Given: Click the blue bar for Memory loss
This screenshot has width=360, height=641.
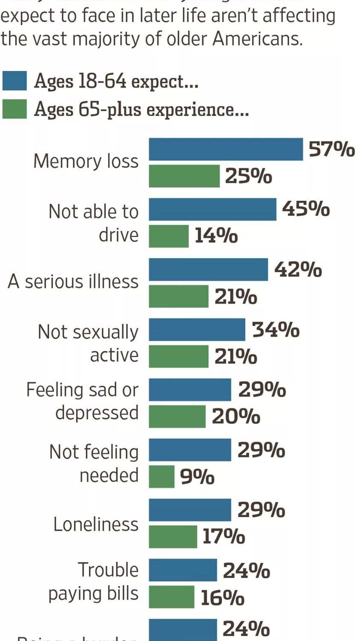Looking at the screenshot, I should click(225, 149).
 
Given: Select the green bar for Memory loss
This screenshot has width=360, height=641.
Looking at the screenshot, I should click(184, 176).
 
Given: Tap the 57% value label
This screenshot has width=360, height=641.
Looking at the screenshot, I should click(331, 150).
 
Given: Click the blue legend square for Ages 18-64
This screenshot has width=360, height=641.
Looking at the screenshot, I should click(15, 81).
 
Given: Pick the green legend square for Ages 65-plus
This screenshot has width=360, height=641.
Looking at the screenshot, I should click(15, 109).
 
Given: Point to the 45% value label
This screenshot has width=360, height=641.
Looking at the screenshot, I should click(306, 209).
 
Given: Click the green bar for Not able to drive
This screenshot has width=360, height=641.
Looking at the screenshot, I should click(169, 236).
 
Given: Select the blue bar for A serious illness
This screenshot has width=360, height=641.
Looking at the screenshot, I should click(208, 269).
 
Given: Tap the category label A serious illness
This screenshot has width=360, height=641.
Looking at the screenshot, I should click(73, 282).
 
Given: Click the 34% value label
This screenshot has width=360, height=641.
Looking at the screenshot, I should click(276, 330).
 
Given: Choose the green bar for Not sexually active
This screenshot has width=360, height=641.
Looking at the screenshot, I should click(179, 356).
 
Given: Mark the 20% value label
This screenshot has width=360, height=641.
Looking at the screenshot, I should click(236, 417).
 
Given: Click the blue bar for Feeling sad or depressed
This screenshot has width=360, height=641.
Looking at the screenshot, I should click(190, 390).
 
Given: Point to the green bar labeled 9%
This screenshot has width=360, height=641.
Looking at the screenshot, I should click(161, 476).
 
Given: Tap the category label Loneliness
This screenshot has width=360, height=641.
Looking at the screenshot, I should click(96, 524).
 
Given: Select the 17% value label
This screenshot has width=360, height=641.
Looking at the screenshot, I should click(223, 537).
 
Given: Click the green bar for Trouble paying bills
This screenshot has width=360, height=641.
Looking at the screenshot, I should click(171, 597).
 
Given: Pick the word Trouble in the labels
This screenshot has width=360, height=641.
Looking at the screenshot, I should click(108, 570).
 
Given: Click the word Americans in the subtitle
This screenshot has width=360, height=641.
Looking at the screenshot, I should click(257, 39).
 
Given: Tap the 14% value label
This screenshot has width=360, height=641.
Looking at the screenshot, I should click(216, 236).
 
